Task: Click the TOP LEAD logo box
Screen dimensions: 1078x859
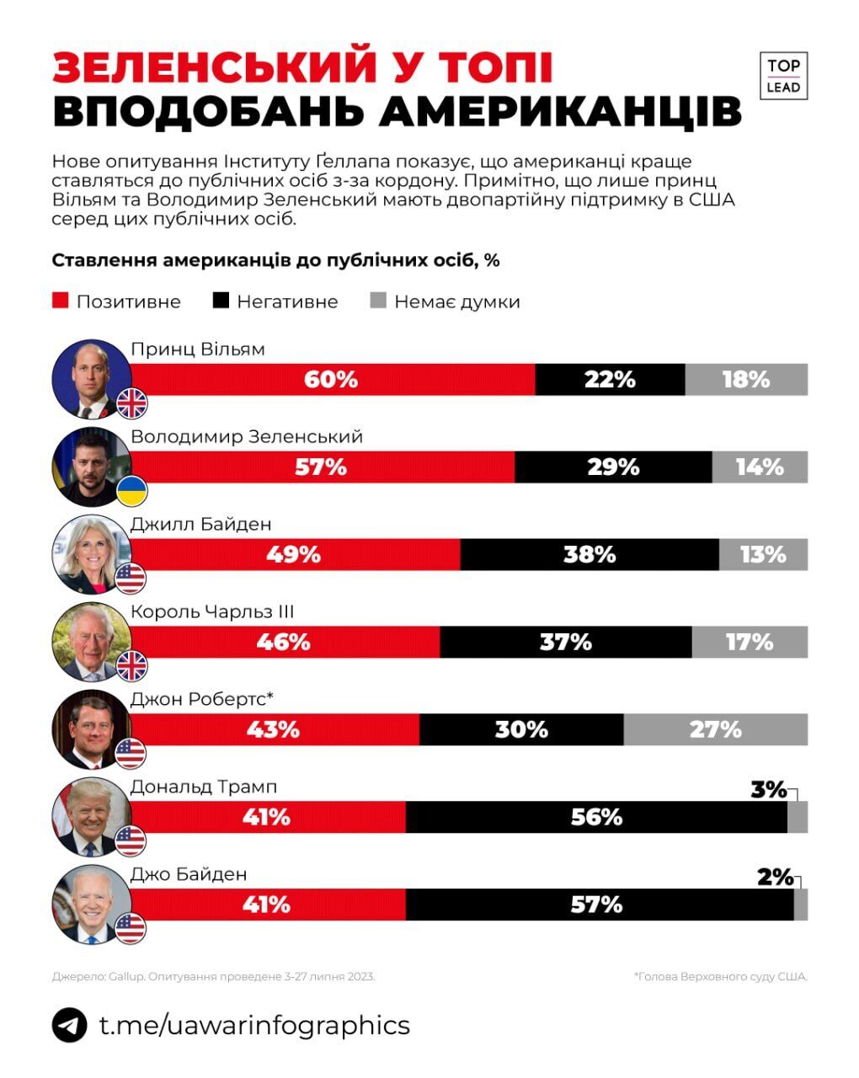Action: [x=783, y=76]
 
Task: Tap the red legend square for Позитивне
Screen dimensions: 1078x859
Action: [x=60, y=301]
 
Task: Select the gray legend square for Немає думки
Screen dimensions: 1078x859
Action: [x=378, y=301]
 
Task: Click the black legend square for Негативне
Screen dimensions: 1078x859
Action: [x=221, y=301]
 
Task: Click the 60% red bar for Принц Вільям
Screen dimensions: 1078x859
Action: [x=332, y=380]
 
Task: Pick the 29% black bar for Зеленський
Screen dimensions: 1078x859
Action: [x=613, y=467]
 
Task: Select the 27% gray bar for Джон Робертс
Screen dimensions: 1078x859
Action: [x=715, y=729]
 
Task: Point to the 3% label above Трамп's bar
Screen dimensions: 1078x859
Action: [x=767, y=790]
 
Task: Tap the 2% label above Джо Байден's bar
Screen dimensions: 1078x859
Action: [x=774, y=878]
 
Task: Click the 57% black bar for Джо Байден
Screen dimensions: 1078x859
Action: [x=598, y=905]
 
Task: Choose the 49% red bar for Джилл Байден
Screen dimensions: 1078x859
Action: [x=295, y=555]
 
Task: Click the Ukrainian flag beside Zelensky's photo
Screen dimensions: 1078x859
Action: [x=131, y=491]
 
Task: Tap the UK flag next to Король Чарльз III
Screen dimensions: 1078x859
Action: [x=131, y=666]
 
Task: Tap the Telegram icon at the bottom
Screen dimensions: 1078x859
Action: [x=69, y=1025]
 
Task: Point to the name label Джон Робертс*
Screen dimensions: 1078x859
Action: [x=203, y=698]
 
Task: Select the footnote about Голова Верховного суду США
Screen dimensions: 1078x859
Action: [x=720, y=976]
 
